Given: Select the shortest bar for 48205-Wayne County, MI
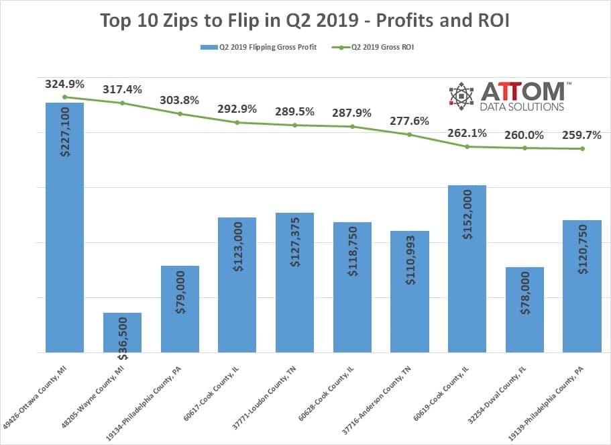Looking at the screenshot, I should pos(122,332).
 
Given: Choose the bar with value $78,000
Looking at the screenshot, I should pos(524,309).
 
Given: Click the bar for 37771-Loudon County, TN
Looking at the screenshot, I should pos(294,282).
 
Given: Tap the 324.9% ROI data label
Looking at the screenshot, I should pos(64,85).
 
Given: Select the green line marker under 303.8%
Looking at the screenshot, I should pos(180,113).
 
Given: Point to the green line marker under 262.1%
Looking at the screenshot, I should pos(467,146).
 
